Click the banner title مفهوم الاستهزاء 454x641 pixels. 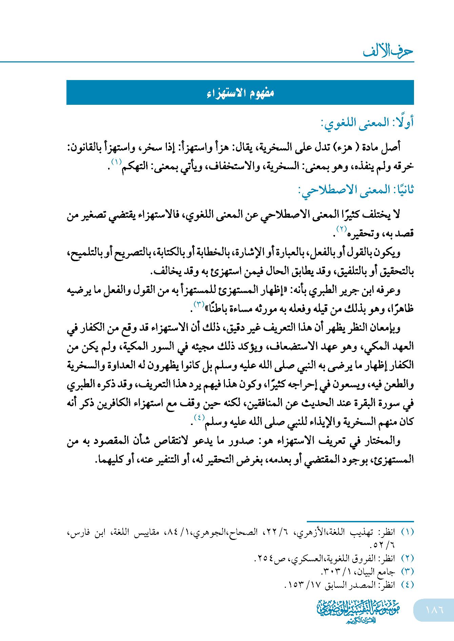click(x=240, y=93)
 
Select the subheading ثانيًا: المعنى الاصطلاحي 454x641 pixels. click(x=356, y=190)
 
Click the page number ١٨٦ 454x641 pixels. click(x=434, y=609)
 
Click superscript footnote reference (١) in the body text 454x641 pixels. click(x=117, y=162)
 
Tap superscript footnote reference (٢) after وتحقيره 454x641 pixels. click(x=341, y=229)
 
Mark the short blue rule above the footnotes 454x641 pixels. click(x=360, y=521)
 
